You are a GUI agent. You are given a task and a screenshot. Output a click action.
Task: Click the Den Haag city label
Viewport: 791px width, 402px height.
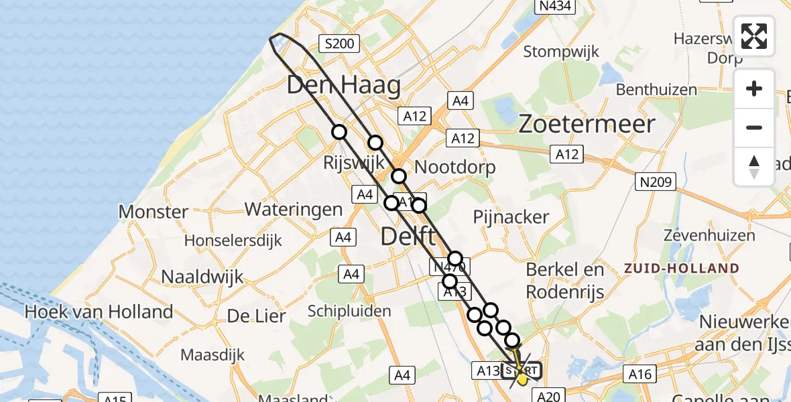click(x=344, y=86)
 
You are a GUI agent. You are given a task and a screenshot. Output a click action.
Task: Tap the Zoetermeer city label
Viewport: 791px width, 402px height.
click(x=587, y=124)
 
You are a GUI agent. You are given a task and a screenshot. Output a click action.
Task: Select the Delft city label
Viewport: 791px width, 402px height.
click(x=409, y=236)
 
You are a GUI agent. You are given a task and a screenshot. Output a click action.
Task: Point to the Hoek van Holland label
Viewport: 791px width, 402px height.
click(x=99, y=312)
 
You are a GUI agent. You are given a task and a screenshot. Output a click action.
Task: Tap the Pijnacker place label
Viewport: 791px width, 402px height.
click(x=511, y=216)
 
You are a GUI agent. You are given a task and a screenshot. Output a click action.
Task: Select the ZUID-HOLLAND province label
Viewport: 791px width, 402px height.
click(x=682, y=268)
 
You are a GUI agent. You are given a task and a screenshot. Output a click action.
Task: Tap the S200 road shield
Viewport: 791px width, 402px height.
click(x=339, y=44)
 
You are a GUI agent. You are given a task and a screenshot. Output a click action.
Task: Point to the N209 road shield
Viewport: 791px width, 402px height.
click(x=656, y=181)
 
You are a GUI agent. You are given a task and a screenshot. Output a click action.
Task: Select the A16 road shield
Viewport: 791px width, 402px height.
click(x=641, y=374)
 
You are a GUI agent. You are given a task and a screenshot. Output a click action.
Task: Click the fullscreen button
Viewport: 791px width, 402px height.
click(x=754, y=36)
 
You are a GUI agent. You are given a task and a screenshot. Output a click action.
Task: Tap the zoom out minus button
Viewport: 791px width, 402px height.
click(x=754, y=127)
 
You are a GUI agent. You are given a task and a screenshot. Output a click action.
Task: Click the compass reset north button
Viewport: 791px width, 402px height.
click(x=754, y=166)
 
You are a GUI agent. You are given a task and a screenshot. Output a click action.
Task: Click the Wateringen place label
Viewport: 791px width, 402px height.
click(x=294, y=209)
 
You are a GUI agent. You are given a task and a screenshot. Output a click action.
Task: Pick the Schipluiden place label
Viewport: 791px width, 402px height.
click(x=349, y=311)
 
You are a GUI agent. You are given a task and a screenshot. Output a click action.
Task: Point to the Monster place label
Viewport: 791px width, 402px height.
click(x=154, y=212)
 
